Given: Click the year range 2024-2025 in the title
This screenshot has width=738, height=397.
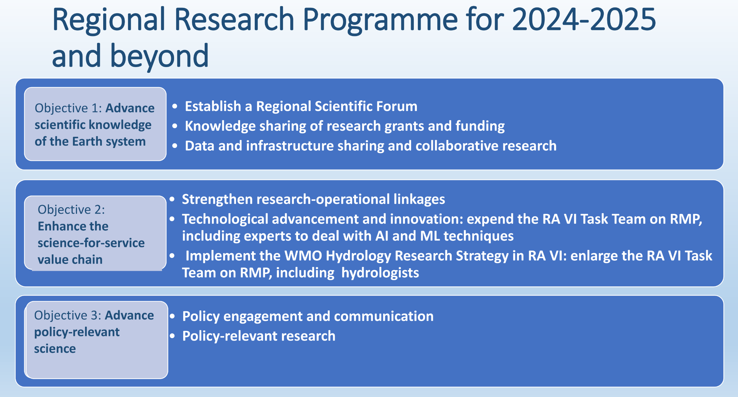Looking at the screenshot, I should (584, 20).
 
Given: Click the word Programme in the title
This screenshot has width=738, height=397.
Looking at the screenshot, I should (380, 20).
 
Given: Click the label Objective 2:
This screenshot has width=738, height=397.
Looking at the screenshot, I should (71, 210).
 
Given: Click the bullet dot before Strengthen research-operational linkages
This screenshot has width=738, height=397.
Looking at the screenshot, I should (172, 199).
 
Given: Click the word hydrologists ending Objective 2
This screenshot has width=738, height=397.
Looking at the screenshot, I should (380, 273).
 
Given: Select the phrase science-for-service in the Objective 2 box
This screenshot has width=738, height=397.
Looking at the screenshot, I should (91, 243).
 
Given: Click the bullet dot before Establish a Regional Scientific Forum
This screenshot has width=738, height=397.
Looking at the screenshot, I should (175, 106).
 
